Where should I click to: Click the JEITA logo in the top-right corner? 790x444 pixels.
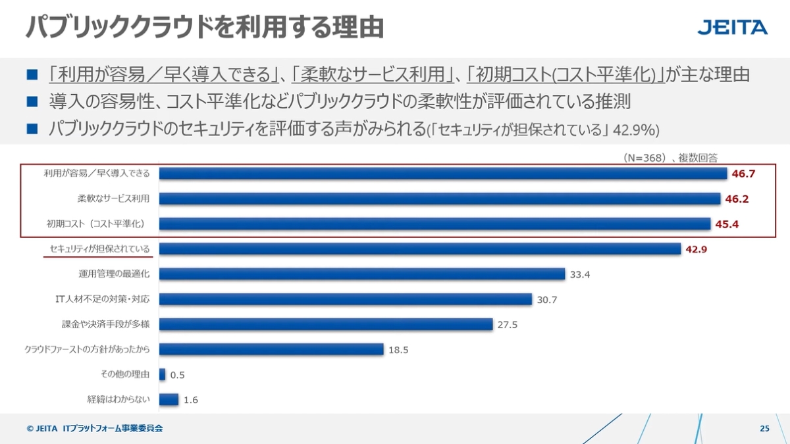(x=732, y=28)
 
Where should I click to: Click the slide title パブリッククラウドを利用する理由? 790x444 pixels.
(x=205, y=28)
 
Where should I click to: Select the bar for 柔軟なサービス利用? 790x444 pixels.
(x=440, y=199)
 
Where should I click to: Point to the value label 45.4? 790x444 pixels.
(x=727, y=224)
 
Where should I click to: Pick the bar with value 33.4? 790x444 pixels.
(x=362, y=274)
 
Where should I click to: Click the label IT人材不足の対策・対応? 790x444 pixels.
(x=102, y=299)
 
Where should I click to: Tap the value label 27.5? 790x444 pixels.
(x=508, y=324)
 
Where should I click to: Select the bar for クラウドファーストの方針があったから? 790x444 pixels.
(x=271, y=349)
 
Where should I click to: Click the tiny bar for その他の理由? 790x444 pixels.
(x=162, y=374)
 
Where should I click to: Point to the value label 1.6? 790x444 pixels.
(x=191, y=399)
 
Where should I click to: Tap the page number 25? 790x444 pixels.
(x=764, y=429)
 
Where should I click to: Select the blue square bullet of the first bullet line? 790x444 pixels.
(x=32, y=74)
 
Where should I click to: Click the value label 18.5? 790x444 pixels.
(x=398, y=350)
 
